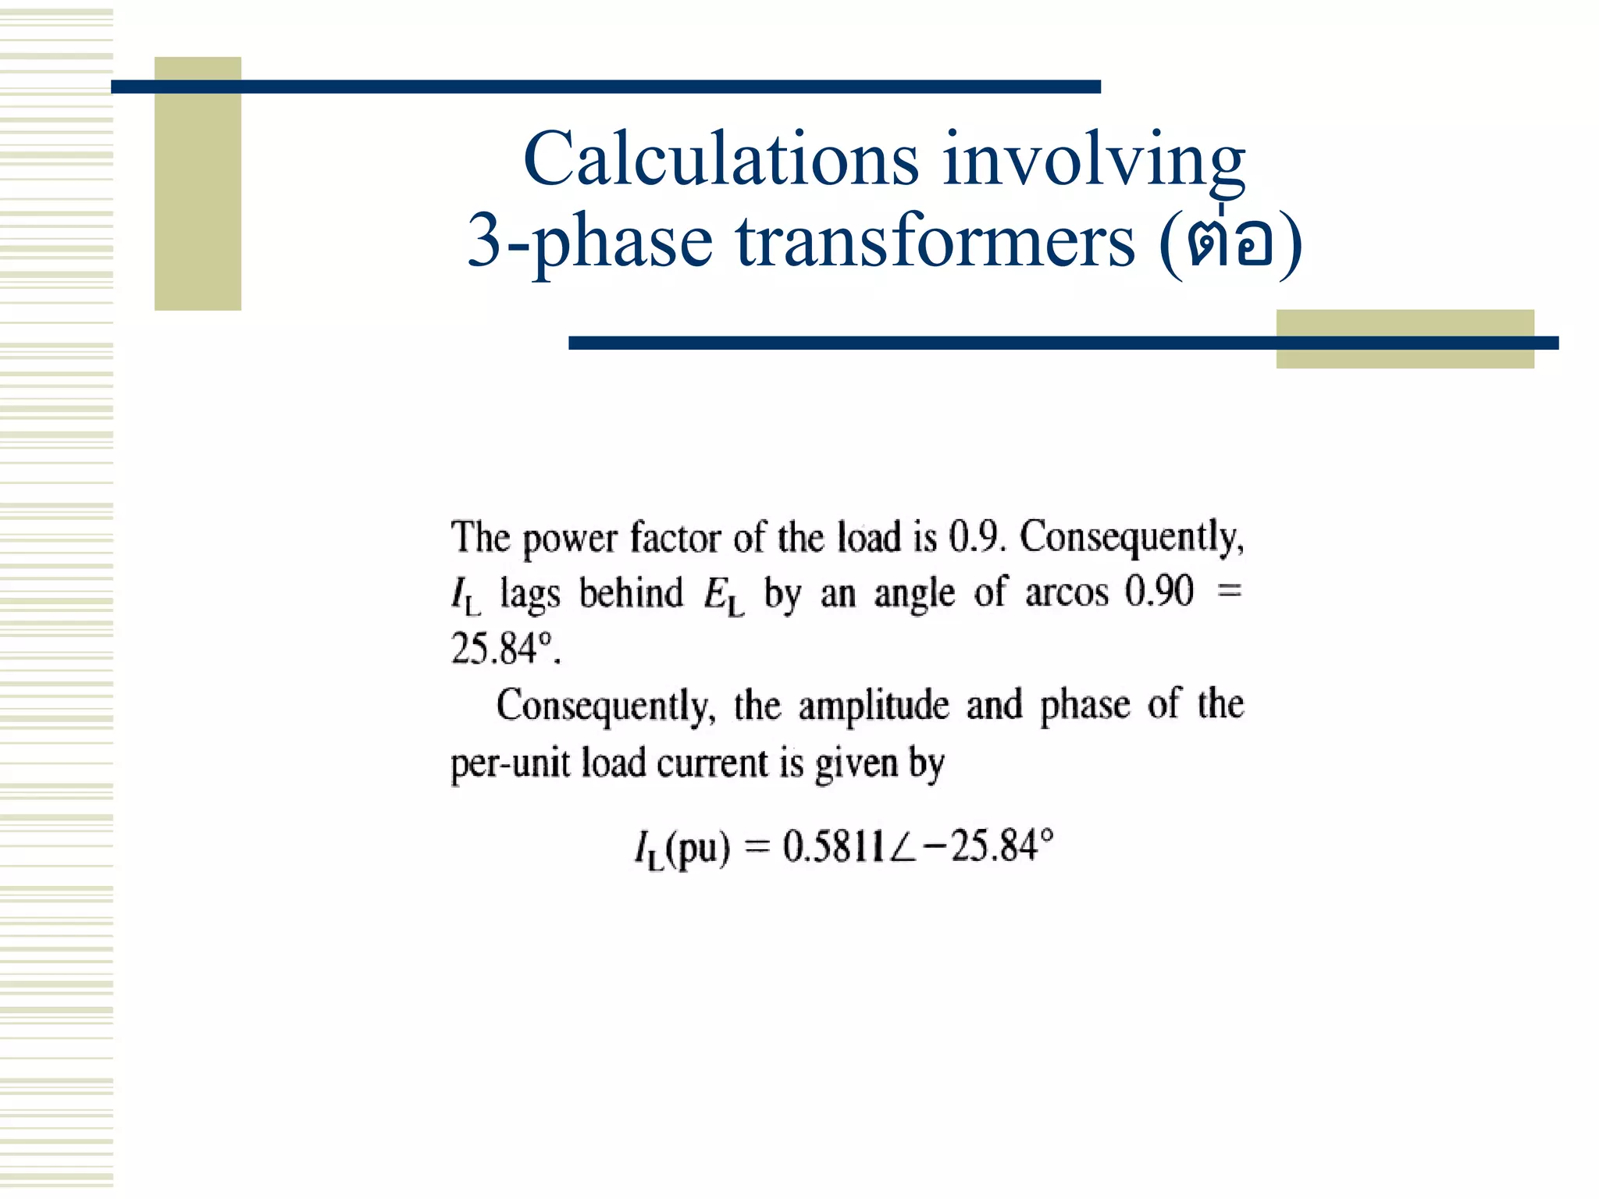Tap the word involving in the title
coord(1093,160)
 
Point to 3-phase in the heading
coord(589,242)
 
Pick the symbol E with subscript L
coord(723,595)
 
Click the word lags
coord(529,594)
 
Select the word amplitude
coord(873,706)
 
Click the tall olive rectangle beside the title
coord(198,184)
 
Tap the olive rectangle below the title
coord(1405,339)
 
